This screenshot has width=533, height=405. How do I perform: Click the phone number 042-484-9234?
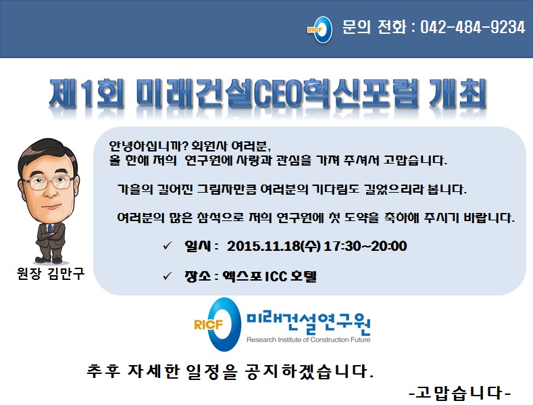coord(472,27)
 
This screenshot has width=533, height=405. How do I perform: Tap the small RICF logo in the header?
coord(320,30)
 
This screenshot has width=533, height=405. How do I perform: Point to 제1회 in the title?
coord(86,93)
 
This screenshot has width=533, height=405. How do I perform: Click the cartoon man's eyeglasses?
coord(48,183)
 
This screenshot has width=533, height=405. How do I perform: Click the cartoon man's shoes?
coord(49,260)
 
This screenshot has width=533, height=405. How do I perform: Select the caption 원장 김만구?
coord(50,273)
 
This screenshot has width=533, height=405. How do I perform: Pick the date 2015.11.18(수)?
coord(274,245)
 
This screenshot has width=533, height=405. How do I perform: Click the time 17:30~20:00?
coord(365,245)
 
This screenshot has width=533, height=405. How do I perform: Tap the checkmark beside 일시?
coord(168,245)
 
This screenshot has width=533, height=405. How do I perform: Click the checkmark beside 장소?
coord(168,276)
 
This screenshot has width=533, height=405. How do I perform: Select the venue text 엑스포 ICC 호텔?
coord(270,276)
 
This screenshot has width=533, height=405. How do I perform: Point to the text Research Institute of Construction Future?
coord(308,339)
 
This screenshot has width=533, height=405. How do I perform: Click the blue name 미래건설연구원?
coord(308,323)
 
